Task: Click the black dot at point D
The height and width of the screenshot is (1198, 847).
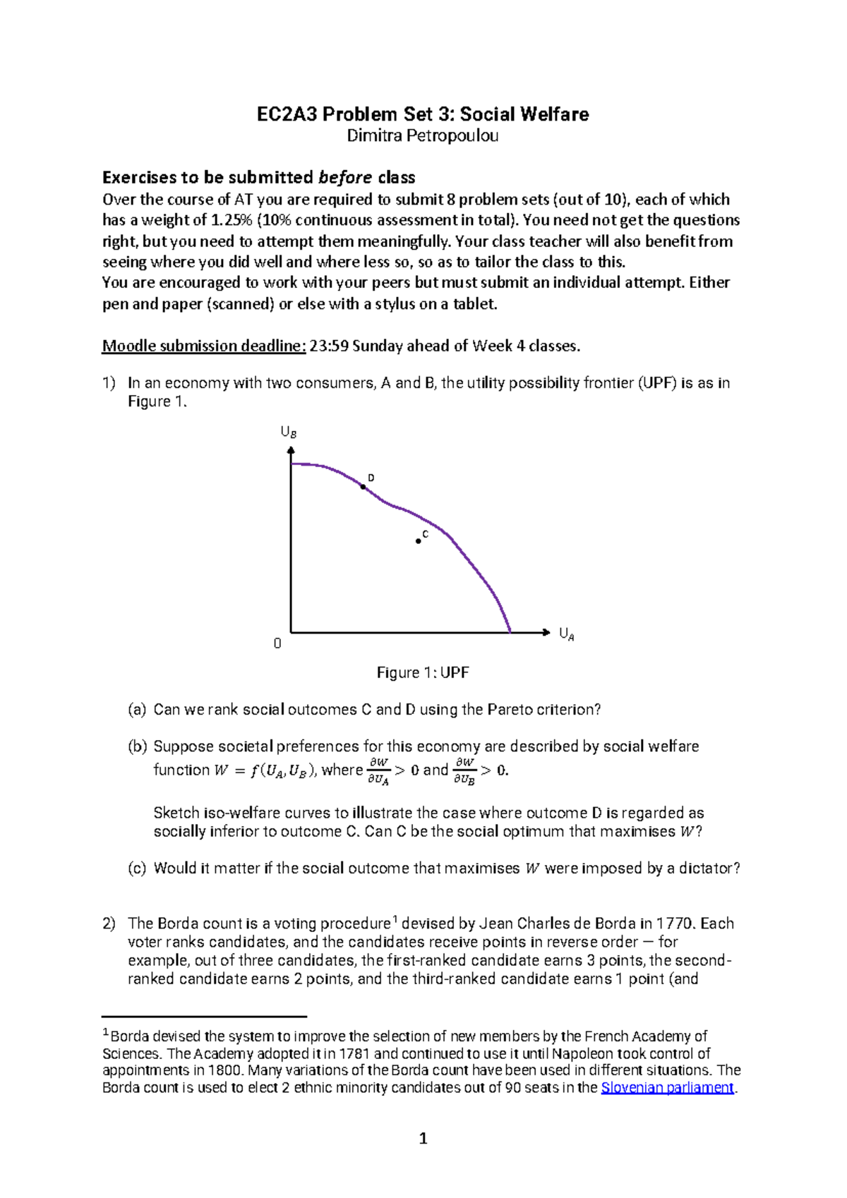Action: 364,487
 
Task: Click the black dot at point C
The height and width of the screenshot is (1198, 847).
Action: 419,541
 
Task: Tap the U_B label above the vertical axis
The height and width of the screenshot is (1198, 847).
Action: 288,432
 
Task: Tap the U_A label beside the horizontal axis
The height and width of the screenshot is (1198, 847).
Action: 566,634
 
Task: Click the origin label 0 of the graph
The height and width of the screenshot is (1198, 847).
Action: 277,643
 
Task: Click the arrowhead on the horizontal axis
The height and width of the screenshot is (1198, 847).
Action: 546,632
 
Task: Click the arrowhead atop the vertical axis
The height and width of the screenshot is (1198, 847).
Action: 291,451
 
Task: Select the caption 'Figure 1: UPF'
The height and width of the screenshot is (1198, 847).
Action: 422,672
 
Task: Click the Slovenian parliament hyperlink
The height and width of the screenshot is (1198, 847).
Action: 667,1087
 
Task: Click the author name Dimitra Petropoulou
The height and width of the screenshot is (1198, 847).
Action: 422,135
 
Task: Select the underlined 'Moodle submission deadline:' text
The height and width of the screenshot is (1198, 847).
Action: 204,346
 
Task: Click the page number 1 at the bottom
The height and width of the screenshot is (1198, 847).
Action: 423,1138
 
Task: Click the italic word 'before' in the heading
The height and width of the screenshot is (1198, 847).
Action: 345,177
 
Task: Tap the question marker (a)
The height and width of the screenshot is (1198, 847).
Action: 137,710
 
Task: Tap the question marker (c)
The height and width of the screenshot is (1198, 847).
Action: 137,869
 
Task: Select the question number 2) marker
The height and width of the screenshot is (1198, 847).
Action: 109,924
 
